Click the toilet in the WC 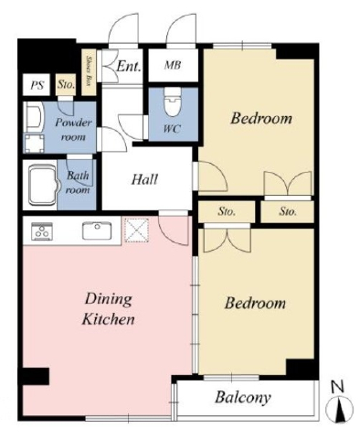click(x=172, y=102)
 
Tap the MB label click(x=173, y=65)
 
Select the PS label click(x=37, y=85)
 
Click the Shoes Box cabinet click(x=90, y=71)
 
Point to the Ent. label click(x=129, y=66)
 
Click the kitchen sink click(x=97, y=231)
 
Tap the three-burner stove click(x=42, y=230)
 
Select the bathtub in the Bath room click(x=43, y=186)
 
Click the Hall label click(x=144, y=179)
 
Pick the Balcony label click(x=243, y=398)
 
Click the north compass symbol click(x=339, y=410)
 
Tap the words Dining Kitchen click(x=109, y=309)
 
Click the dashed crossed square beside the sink click(x=137, y=230)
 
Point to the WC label click(x=172, y=129)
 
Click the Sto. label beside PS click(x=67, y=84)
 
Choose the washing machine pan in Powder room click(x=34, y=144)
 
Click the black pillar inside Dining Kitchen click(x=36, y=376)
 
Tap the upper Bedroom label click(x=261, y=118)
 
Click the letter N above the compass click(x=337, y=387)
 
